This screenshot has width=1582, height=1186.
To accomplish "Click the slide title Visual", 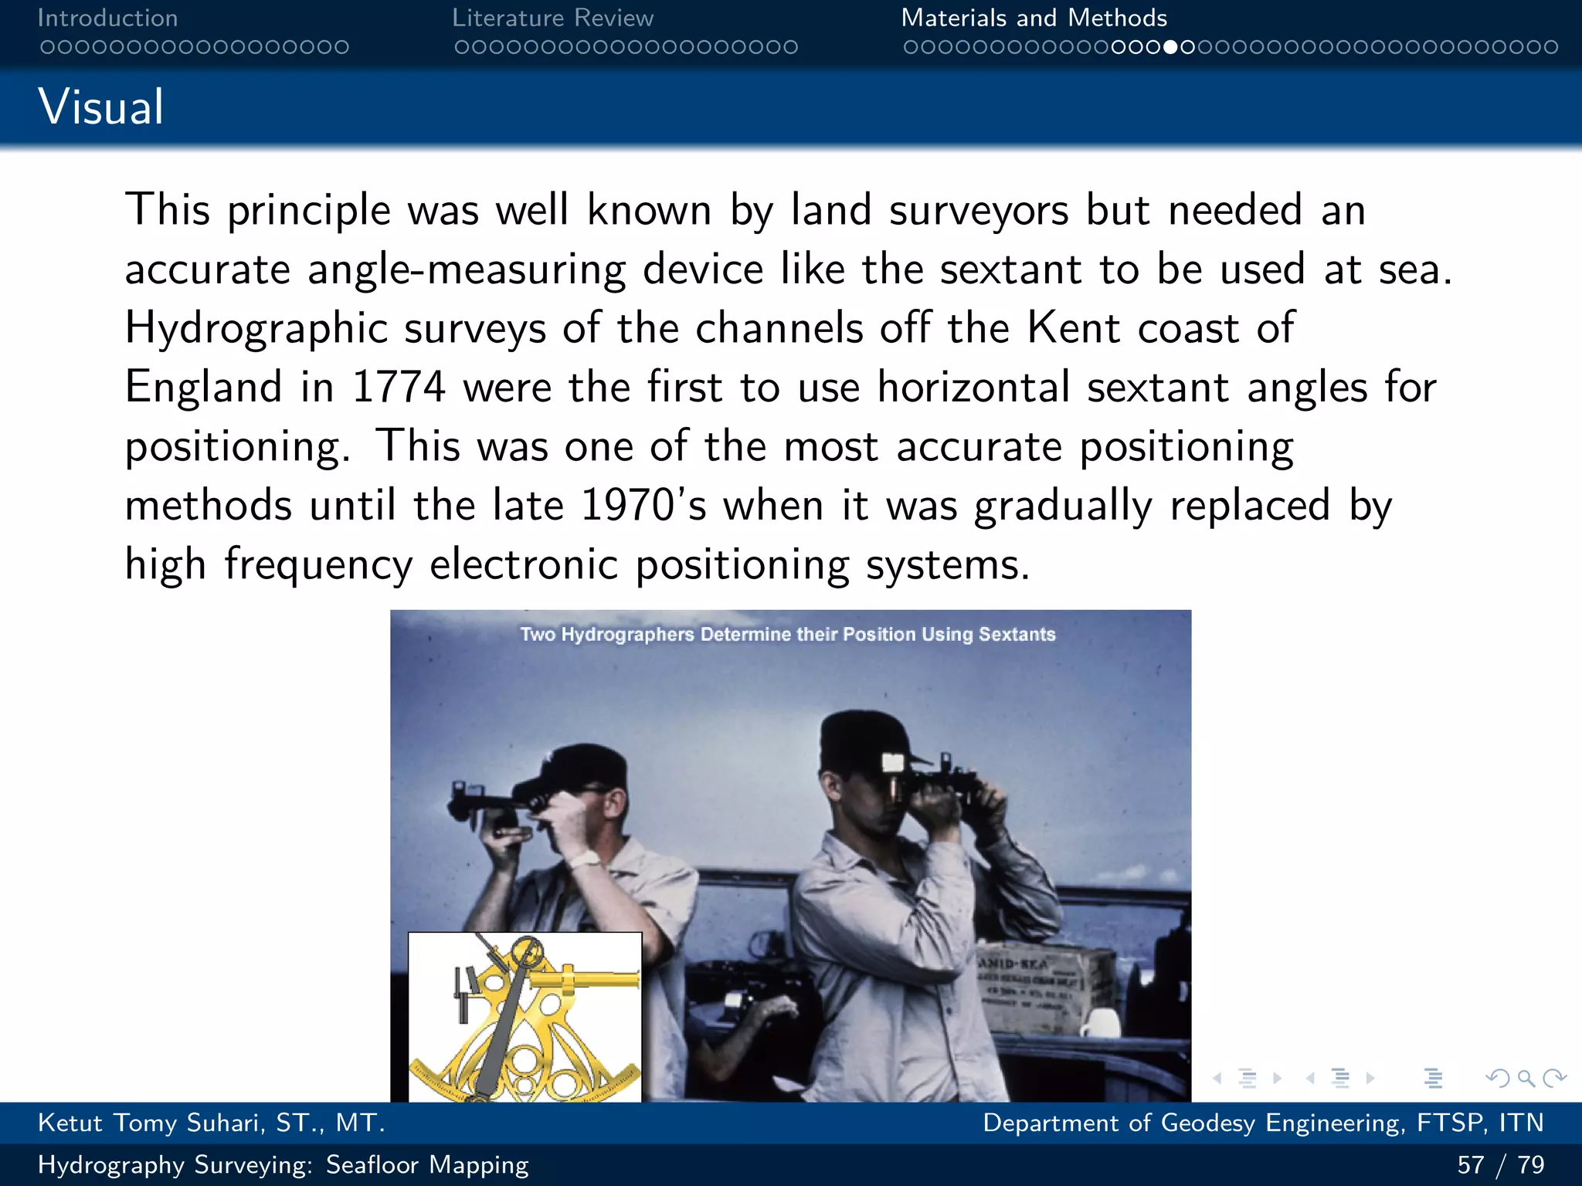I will pyautogui.click(x=101, y=107).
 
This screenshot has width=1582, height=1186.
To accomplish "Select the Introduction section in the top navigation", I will pyautogui.click(x=107, y=18).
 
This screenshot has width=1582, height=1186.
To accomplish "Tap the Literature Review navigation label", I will pyautogui.click(x=552, y=18).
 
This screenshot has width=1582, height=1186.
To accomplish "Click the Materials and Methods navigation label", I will pyautogui.click(x=1034, y=18).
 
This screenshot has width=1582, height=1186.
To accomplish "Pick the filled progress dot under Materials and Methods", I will pyautogui.click(x=1171, y=47).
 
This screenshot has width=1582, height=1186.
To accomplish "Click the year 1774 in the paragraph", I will pyautogui.click(x=399, y=387).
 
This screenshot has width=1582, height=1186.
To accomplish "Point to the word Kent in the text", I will pyautogui.click(x=1073, y=328).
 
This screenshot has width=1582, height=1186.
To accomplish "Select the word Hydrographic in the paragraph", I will pyautogui.click(x=256, y=328).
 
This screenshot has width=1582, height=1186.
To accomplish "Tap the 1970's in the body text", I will pyautogui.click(x=643, y=506).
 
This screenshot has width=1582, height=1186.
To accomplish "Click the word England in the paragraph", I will pyautogui.click(x=203, y=387).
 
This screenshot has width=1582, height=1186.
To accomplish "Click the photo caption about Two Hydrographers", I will pyautogui.click(x=788, y=635).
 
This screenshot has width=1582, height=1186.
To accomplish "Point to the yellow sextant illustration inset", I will pyautogui.click(x=525, y=1018).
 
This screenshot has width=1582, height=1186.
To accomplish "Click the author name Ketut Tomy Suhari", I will pyautogui.click(x=211, y=1123).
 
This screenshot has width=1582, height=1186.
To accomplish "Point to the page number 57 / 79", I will pyautogui.click(x=1500, y=1164).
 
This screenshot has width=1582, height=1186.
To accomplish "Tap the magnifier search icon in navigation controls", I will pyautogui.click(x=1526, y=1078).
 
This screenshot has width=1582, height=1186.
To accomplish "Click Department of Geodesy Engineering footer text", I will pyautogui.click(x=1262, y=1123).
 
